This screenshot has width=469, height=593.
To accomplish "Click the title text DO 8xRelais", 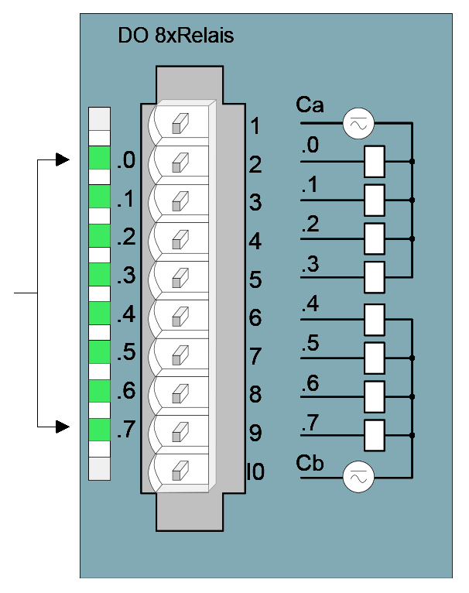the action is pyautogui.click(x=176, y=36).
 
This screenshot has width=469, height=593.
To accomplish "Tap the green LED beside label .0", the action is pyautogui.click(x=100, y=158).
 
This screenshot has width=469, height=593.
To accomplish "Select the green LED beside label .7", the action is pyautogui.click(x=100, y=430).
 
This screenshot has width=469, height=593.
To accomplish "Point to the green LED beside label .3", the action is pyautogui.click(x=100, y=275).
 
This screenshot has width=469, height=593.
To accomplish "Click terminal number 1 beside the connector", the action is pyautogui.click(x=255, y=126).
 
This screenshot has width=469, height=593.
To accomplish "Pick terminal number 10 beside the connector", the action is pyautogui.click(x=255, y=471).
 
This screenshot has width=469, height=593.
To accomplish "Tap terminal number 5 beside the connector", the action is pyautogui.click(x=255, y=279).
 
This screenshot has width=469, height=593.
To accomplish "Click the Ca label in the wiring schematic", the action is pyautogui.click(x=310, y=105).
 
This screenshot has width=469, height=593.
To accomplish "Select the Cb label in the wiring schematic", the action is pyautogui.click(x=310, y=463).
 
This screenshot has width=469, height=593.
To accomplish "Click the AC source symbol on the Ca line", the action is pyautogui.click(x=358, y=123).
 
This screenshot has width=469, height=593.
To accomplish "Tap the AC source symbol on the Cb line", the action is pyautogui.click(x=358, y=477).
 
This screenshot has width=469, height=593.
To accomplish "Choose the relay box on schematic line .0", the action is pyautogui.click(x=375, y=162).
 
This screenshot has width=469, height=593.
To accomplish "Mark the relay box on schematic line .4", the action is pyautogui.click(x=375, y=320).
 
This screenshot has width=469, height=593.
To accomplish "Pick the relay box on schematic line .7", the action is pyautogui.click(x=375, y=435).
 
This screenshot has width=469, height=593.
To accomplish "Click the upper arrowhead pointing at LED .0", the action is pyautogui.click(x=63, y=159).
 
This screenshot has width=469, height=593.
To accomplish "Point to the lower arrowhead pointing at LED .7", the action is pyautogui.click(x=63, y=427).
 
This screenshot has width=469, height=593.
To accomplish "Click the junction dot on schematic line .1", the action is pyautogui.click(x=413, y=200).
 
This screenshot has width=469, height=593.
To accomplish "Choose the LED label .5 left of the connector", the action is pyautogui.click(x=126, y=352).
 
